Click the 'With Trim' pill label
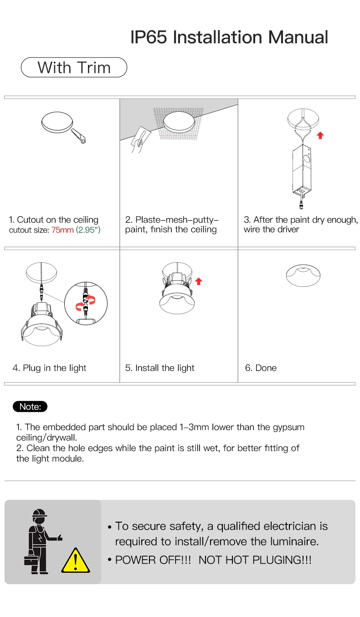[x=74, y=67]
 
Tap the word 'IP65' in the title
[x=149, y=37]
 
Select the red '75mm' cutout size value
[x=62, y=230]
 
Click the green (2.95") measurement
[x=88, y=230]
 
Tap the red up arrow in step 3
[x=320, y=135]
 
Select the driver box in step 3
[x=301, y=169]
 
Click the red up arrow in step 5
[x=198, y=281]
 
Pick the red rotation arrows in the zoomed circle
[x=86, y=303]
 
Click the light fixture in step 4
[x=41, y=327]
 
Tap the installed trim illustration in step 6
[x=303, y=276]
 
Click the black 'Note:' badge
[x=31, y=406]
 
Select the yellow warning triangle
[x=75, y=560]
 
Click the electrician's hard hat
[x=40, y=514]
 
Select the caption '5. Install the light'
[x=159, y=368]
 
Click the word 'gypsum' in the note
[x=288, y=427]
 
